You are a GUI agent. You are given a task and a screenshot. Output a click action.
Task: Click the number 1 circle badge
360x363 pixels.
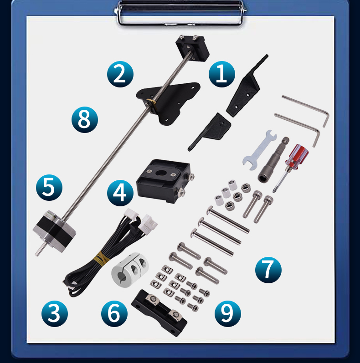[222, 74]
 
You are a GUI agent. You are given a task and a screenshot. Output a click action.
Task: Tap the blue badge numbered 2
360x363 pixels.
[120, 74]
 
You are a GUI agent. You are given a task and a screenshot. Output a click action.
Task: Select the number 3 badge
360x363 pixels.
[54, 313]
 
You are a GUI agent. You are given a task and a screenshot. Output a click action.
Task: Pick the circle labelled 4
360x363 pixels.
[120, 193]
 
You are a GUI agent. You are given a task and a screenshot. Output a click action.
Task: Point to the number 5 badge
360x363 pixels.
[49, 188]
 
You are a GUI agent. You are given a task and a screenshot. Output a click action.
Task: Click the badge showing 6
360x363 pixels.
[114, 313]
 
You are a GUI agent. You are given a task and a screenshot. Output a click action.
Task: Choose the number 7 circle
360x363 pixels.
[268, 270]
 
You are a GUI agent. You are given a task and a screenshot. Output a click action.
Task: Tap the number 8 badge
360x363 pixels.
[85, 119]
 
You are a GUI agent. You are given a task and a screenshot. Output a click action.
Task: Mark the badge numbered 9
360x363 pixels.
[227, 313]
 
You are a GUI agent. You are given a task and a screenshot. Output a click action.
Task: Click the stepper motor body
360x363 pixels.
[54, 231]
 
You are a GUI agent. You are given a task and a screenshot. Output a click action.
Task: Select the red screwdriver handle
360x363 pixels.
[297, 155]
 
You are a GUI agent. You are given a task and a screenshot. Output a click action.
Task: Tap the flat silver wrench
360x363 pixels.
[259, 150]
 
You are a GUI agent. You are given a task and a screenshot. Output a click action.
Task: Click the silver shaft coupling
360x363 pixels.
[130, 269]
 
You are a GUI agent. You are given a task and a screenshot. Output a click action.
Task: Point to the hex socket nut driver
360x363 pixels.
[273, 159]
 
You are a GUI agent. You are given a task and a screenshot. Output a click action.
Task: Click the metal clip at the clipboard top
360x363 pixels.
[180, 13]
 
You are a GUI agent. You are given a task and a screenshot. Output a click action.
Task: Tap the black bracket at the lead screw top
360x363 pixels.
[192, 48]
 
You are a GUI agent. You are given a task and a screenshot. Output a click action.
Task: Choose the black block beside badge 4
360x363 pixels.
[165, 180]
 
